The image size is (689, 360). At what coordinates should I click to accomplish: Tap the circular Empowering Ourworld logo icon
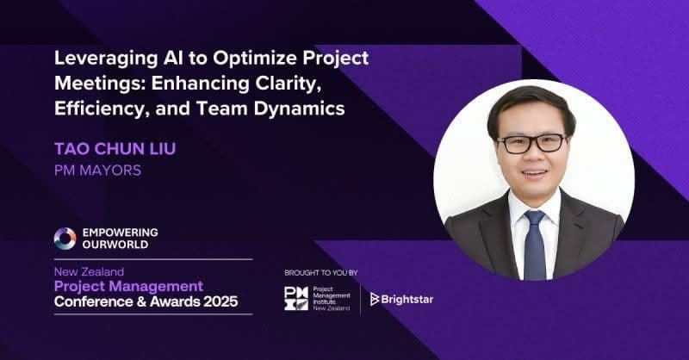65,239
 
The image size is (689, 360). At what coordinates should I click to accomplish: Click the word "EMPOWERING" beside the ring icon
119,233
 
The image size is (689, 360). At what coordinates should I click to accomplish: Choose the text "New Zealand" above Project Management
90,271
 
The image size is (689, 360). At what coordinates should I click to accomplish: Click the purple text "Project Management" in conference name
128,286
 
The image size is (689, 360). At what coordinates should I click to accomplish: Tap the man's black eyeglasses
531,143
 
